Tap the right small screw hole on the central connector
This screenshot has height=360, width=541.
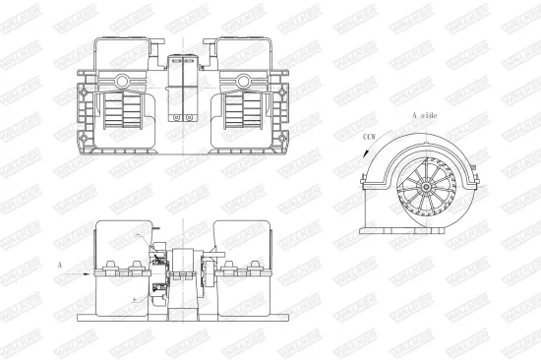pos(194,120)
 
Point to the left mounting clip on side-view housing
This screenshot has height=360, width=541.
pos(366,179)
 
